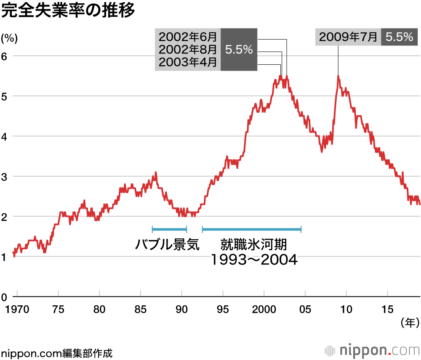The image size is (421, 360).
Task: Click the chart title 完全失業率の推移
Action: click(x=68, y=11)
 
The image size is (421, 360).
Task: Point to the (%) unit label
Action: click(x=9, y=39)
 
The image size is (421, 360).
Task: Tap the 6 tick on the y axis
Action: click(x=5, y=56)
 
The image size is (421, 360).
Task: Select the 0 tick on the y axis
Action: click(x=5, y=297)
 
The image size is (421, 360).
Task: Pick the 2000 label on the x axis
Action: click(x=264, y=309)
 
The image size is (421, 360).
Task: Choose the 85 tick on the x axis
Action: click(x=141, y=309)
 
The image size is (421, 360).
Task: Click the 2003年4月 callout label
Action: click(x=188, y=63)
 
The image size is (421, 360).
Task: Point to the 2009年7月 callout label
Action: click(x=348, y=37)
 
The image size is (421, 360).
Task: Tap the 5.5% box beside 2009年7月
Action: click(x=399, y=37)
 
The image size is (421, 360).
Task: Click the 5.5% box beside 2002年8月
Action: click(x=239, y=50)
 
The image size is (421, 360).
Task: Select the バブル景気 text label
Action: click(x=167, y=244)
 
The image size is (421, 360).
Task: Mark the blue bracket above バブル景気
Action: click(x=169, y=229)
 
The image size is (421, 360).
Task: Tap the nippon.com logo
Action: click(x=372, y=350)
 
